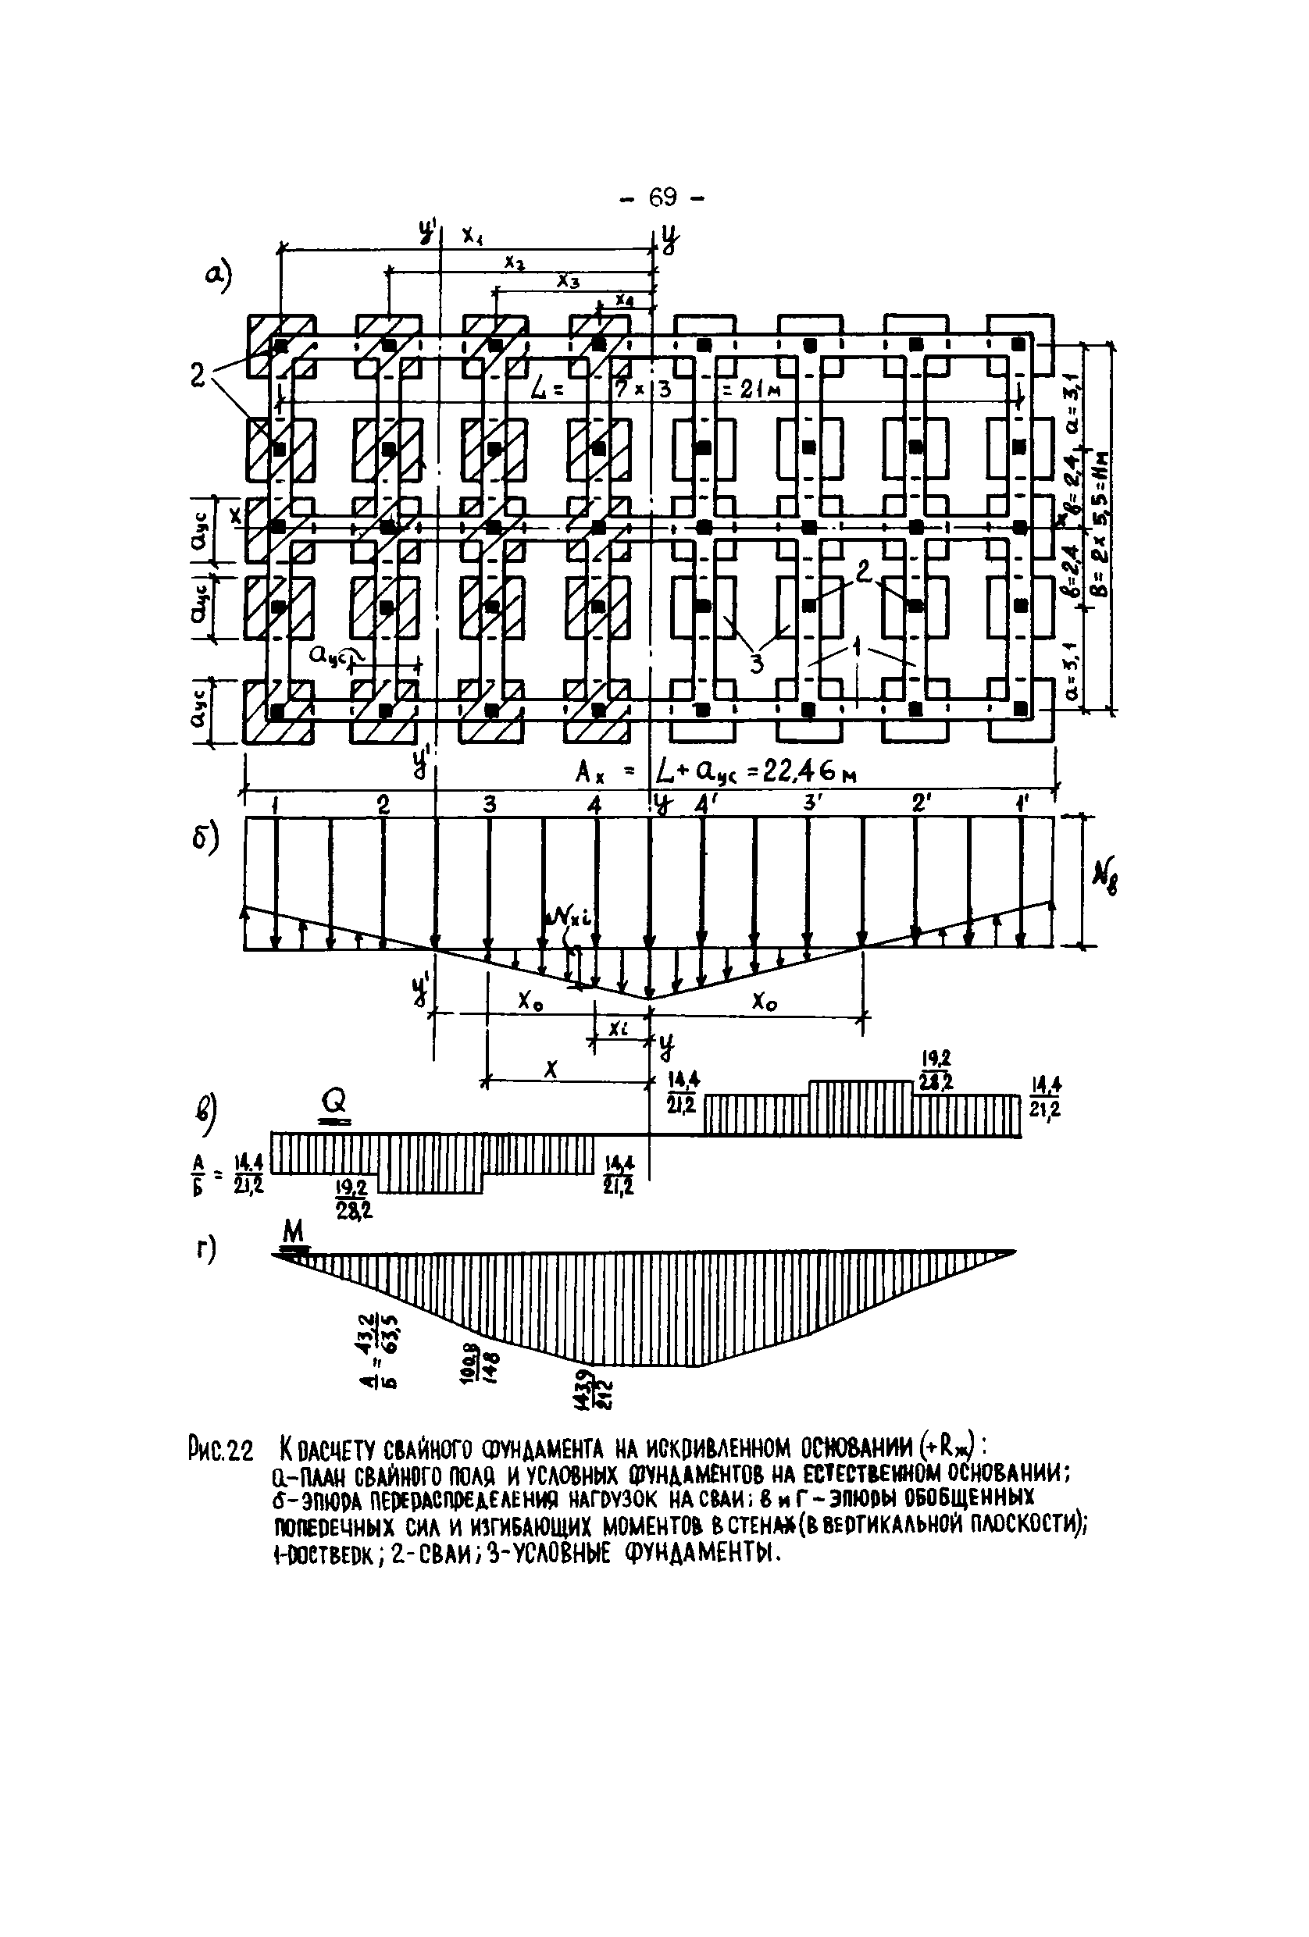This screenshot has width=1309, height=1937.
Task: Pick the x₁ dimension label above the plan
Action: click(x=472, y=237)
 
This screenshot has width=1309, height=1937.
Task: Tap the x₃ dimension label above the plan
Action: click(x=568, y=281)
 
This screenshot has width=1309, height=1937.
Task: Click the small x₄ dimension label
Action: click(x=622, y=298)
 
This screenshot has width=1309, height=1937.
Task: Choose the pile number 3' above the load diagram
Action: click(x=808, y=804)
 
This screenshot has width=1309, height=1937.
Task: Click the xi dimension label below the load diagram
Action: click(x=617, y=1029)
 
